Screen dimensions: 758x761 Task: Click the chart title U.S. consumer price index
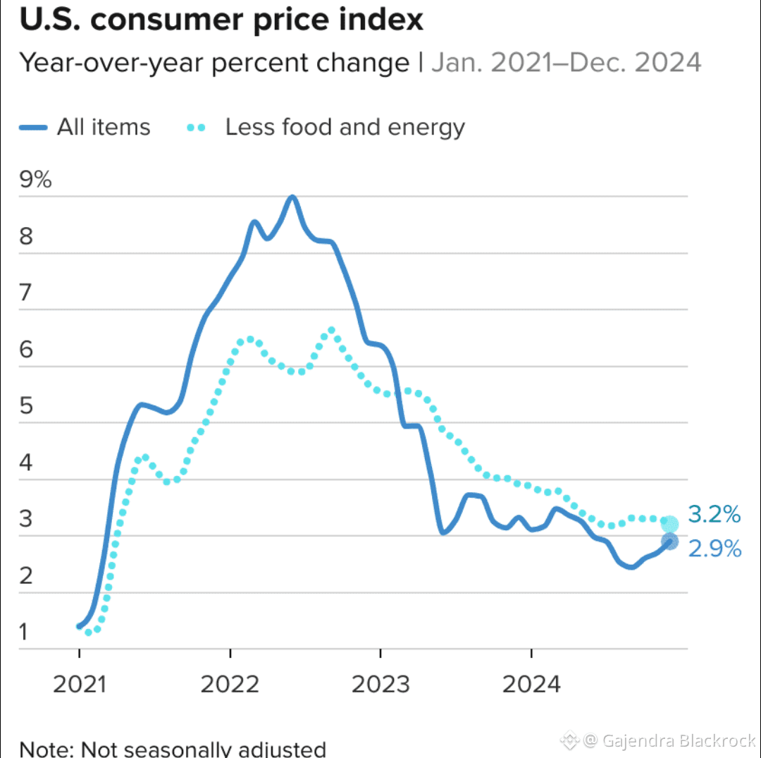[221, 20]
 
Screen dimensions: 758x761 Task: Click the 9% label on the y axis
[36, 180]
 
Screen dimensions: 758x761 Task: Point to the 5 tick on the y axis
[26, 406]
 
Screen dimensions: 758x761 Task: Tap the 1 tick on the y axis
[25, 632]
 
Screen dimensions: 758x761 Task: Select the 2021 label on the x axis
[79, 683]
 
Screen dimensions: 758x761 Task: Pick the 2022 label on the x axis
[230, 683]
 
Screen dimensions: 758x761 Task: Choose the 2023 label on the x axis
[380, 683]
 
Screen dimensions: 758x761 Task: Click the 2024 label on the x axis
[531, 683]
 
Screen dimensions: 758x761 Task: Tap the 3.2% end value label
[714, 515]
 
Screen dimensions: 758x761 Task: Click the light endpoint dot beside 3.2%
[669, 524]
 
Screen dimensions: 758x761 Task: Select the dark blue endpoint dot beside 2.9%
[669, 542]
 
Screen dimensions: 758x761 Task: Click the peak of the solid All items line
[292, 197]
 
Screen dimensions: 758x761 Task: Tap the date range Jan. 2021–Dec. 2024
[566, 63]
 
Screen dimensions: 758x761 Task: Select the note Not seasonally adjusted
[173, 749]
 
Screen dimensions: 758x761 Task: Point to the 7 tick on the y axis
[26, 293]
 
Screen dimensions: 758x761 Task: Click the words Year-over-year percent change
[214, 63]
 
